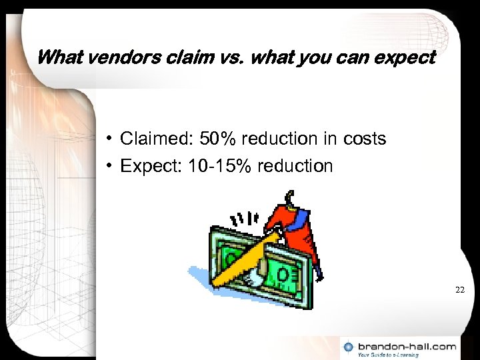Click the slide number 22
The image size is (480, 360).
[x=459, y=290]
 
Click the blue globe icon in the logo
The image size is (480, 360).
[x=349, y=347]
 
